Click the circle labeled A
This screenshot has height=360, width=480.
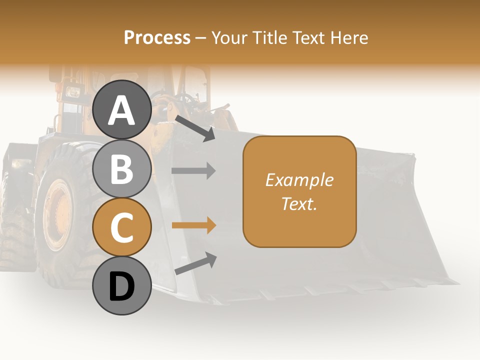click(x=122, y=110)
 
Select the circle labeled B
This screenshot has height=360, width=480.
click(x=122, y=168)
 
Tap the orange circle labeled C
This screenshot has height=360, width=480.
click(x=122, y=227)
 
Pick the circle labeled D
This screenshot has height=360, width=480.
click(x=122, y=286)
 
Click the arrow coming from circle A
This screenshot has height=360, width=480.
click(x=194, y=128)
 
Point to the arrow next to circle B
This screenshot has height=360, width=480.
click(x=193, y=170)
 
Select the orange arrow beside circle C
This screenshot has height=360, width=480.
click(x=193, y=225)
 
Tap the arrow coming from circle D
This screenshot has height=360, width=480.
click(x=195, y=263)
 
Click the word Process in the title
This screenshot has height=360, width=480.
click(x=157, y=37)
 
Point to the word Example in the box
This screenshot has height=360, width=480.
click(x=299, y=180)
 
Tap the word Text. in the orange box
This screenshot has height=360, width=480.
click(x=299, y=203)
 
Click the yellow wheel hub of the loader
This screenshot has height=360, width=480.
click(x=59, y=215)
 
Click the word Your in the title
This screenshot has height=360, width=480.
click(x=229, y=37)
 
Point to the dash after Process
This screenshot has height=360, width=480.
click(x=201, y=38)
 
